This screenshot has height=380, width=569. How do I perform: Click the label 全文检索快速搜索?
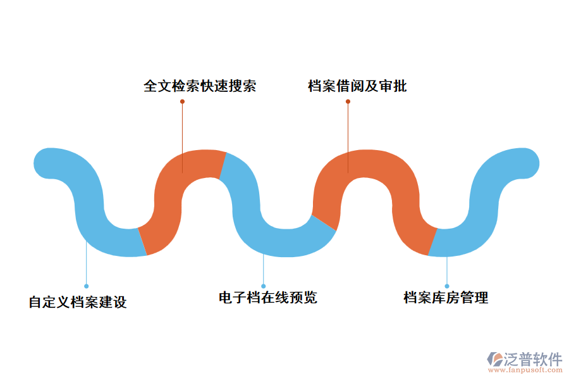click(199, 86)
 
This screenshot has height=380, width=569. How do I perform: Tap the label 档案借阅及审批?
click(357, 86)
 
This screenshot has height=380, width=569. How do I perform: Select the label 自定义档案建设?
click(78, 302)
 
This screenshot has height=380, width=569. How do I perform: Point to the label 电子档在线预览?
click(267, 297)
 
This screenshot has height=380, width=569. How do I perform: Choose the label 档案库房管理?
click(446, 297)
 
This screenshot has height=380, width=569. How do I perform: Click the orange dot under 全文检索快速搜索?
click(182, 101)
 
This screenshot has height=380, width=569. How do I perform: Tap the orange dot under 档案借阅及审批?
click(348, 101)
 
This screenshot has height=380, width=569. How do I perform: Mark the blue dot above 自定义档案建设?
click(87, 286)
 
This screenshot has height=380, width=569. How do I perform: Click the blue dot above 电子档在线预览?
click(264, 286)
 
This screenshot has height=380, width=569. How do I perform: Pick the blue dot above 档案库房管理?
click(447, 286)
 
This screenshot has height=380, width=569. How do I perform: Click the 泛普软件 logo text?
click(532, 359)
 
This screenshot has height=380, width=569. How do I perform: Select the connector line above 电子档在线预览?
click(264, 269)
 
